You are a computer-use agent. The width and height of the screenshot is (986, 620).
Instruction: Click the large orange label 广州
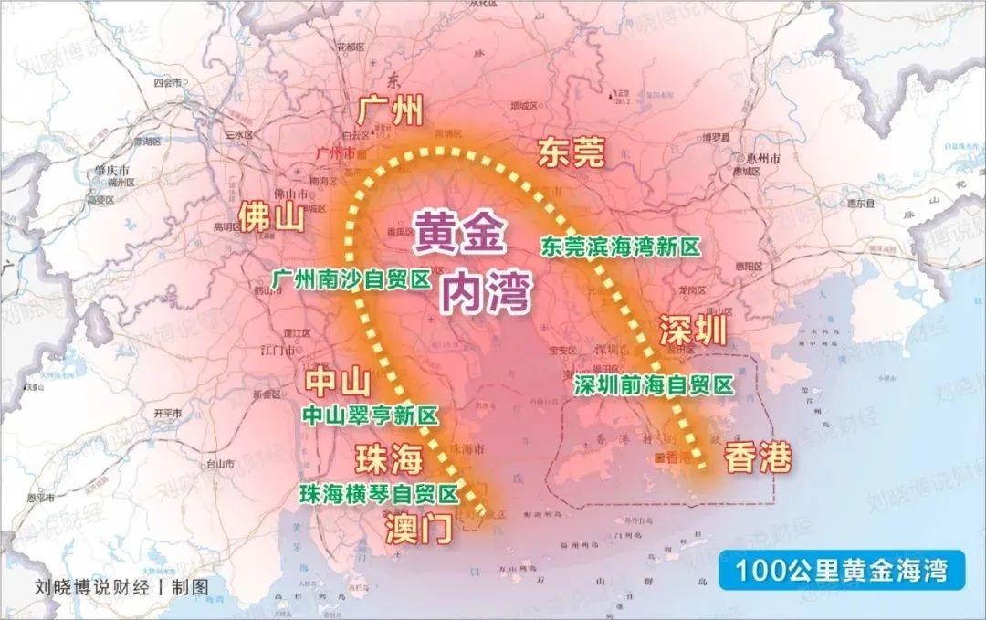tap(391, 111)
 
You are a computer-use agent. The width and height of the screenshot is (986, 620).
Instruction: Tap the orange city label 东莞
tap(572, 152)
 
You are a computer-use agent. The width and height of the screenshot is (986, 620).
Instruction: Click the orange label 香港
tap(758, 459)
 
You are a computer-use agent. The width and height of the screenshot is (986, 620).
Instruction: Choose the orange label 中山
tap(336, 381)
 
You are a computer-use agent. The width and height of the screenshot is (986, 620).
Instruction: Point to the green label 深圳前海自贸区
tap(654, 385)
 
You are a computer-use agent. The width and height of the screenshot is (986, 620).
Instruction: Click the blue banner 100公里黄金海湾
tap(841, 571)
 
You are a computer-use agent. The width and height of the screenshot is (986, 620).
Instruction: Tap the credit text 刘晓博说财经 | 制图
tap(121, 587)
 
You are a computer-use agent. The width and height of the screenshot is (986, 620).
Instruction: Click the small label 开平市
tap(167, 413)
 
